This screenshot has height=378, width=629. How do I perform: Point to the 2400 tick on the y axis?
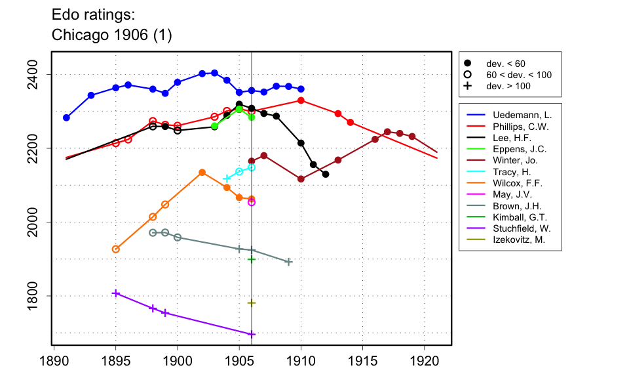click(x=38, y=74)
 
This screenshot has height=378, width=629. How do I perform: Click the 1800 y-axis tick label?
click(x=38, y=296)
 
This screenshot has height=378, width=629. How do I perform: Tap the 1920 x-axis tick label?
click(x=424, y=360)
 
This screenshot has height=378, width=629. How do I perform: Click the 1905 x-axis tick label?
click(x=239, y=360)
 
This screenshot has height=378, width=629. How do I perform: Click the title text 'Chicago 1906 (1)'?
click(x=111, y=35)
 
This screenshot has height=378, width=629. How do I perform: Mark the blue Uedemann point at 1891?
click(x=66, y=117)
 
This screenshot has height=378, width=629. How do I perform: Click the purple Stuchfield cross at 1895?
click(x=116, y=293)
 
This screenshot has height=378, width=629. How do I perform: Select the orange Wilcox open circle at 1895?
click(x=116, y=249)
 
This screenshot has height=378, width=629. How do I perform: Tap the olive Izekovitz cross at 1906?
click(x=252, y=303)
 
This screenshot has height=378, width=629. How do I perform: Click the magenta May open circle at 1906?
click(x=252, y=202)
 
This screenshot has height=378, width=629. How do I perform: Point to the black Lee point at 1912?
click(x=326, y=174)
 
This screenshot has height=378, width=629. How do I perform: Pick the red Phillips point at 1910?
click(x=301, y=100)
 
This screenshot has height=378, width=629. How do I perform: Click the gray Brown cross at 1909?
click(x=288, y=262)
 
